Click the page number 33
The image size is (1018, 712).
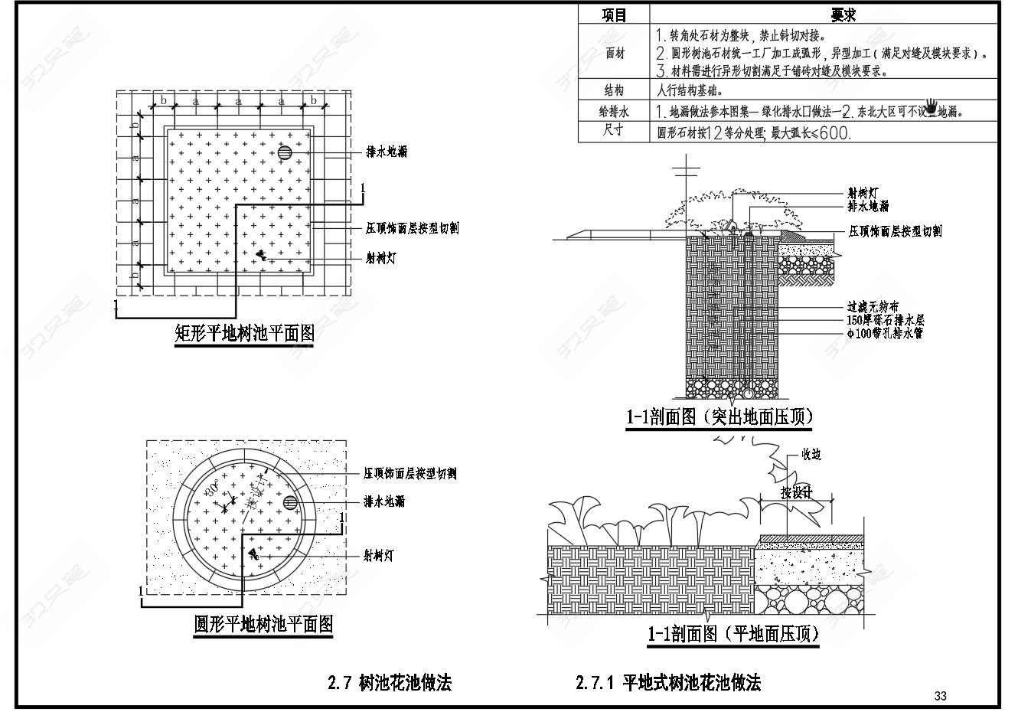click(x=941, y=696)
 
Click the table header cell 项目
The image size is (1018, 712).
click(x=614, y=15)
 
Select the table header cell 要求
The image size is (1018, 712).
click(x=843, y=15)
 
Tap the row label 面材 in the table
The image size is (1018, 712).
click(x=614, y=53)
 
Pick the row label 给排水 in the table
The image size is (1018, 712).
click(x=614, y=111)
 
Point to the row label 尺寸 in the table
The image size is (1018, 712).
click(x=614, y=131)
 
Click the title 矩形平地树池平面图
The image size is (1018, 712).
click(x=245, y=334)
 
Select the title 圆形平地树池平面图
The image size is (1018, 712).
click(x=263, y=625)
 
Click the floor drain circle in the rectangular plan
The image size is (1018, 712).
click(x=285, y=152)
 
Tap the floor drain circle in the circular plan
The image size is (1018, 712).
click(x=291, y=502)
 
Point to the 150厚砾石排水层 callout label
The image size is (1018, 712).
click(x=886, y=320)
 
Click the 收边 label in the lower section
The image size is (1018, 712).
click(x=811, y=455)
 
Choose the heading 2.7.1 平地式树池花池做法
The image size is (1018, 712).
click(x=668, y=682)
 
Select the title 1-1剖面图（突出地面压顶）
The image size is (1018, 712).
click(x=719, y=417)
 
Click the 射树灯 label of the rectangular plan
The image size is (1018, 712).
click(x=380, y=258)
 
